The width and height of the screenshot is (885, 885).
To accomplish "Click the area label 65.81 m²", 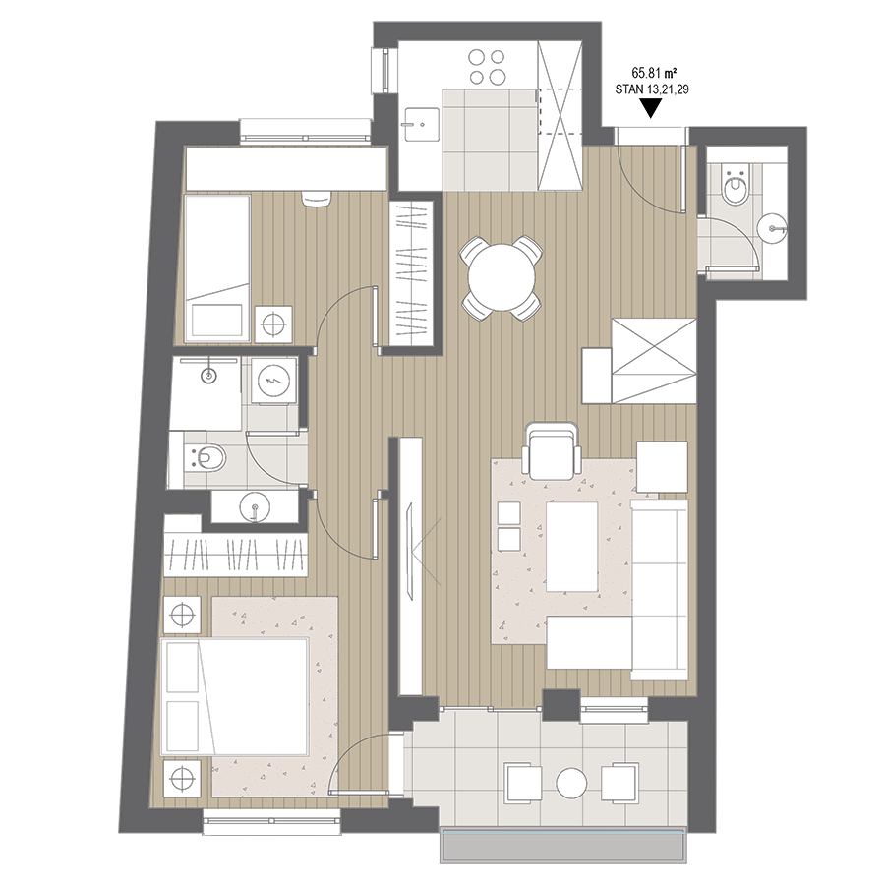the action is [654, 73].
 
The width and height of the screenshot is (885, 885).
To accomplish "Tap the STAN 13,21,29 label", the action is [652, 89].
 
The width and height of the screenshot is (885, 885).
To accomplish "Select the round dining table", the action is [501, 276].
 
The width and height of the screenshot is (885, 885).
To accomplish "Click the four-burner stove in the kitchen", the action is [487, 66].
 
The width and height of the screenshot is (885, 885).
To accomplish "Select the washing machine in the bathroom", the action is [273, 383].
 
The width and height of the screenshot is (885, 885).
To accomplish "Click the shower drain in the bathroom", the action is [209, 375].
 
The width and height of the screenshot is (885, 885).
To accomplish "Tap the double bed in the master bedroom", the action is [235, 696].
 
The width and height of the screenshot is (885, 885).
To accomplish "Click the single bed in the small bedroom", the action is [218, 268].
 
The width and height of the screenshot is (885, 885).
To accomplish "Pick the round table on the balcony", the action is [571, 783].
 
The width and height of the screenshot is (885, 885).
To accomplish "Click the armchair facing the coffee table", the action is [552, 449].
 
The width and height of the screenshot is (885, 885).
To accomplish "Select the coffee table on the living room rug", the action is [571, 547].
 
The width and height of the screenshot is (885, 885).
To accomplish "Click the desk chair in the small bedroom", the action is [317, 200].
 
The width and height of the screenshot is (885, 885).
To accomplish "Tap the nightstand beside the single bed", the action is [273, 324].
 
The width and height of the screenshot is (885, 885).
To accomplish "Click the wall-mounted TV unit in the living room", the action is [410, 565].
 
